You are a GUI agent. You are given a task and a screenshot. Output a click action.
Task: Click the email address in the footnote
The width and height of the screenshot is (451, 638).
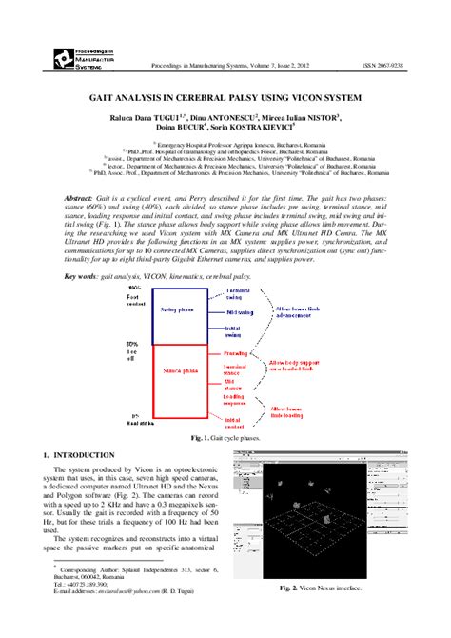pos(134,618)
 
